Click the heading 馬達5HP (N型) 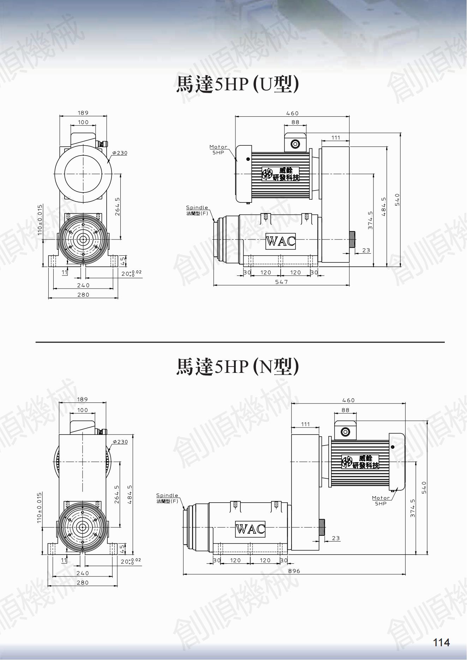pyautogui.click(x=237, y=367)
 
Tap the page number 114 pyautogui.click(x=442, y=642)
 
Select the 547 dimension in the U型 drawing pyautogui.click(x=281, y=281)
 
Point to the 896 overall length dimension pyautogui.click(x=294, y=571)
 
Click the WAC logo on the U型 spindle pyautogui.click(x=281, y=241)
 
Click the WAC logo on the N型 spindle pyautogui.click(x=250, y=529)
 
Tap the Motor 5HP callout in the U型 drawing pyautogui.click(x=218, y=150)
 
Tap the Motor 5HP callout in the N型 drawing pyautogui.click(x=381, y=501)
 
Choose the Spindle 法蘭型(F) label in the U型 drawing pyautogui.click(x=197, y=210)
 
